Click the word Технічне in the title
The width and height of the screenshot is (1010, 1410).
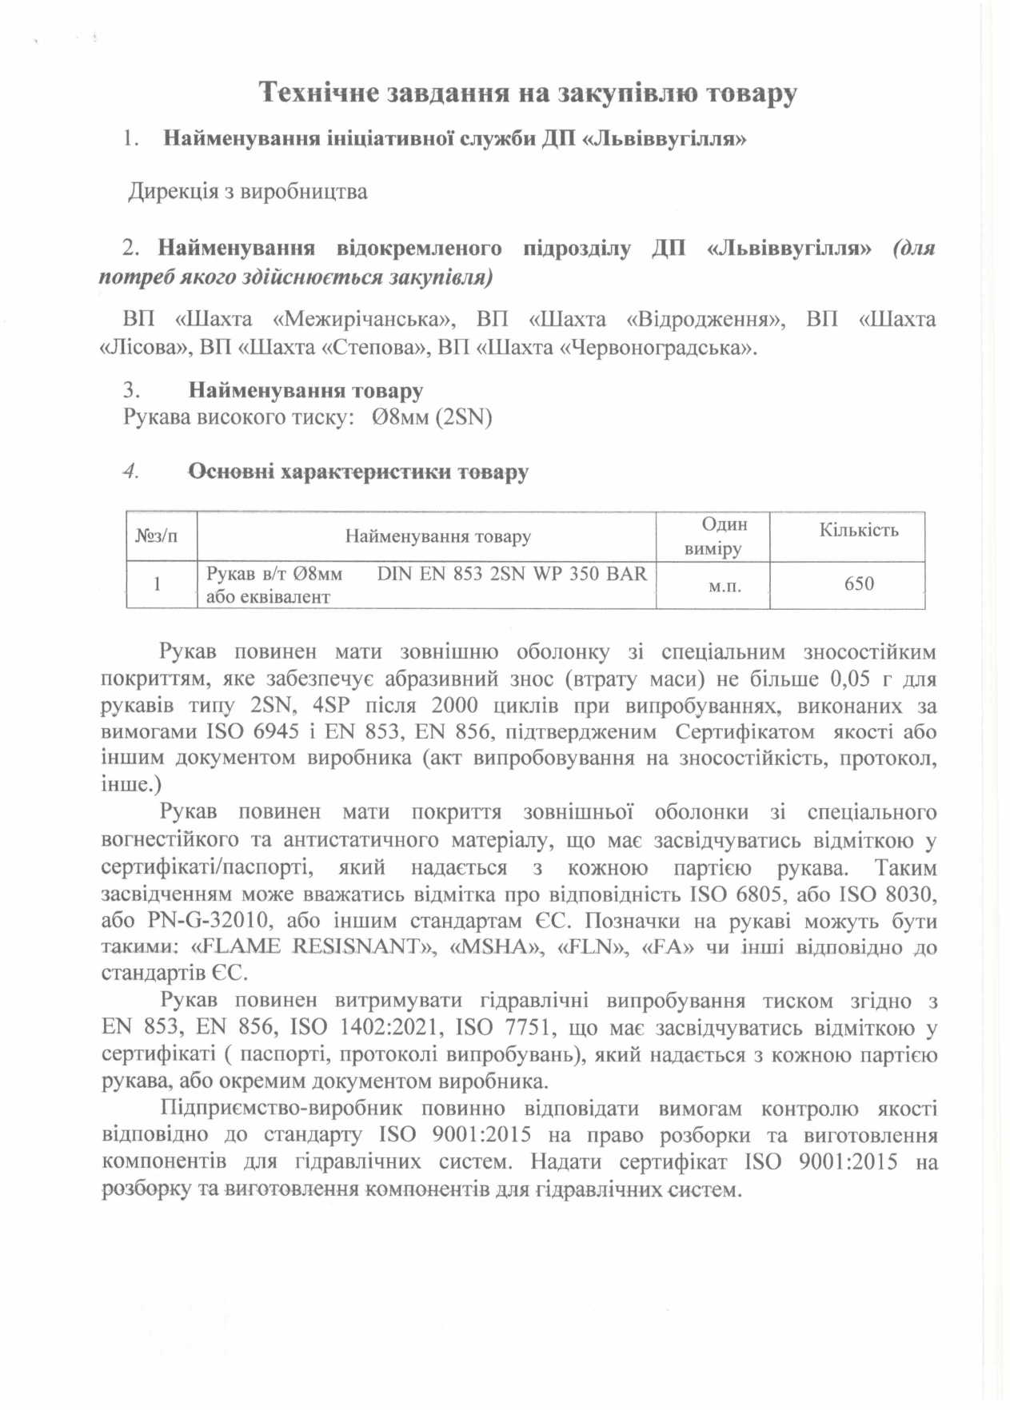tap(318, 94)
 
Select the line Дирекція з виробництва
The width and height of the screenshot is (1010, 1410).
tap(248, 193)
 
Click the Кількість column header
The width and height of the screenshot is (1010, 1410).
tap(858, 530)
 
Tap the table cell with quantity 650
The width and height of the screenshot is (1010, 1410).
tap(859, 584)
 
